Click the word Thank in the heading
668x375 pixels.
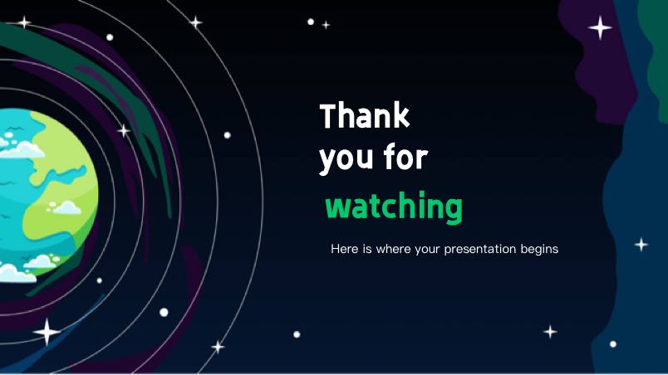[x=365, y=115]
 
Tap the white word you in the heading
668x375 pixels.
[x=346, y=160]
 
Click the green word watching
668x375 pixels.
[x=394, y=207]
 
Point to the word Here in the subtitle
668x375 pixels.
[x=345, y=249]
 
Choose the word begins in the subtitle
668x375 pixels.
[x=539, y=250]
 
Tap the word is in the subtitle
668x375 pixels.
[x=367, y=249]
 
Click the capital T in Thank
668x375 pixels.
[x=329, y=115]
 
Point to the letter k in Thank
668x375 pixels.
[x=401, y=114]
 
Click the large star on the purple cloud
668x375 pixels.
[x=600, y=27]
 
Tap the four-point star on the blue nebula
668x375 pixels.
[x=641, y=245]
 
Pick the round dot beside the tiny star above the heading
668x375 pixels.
[x=311, y=22]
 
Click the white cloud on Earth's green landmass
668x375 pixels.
[x=65, y=208]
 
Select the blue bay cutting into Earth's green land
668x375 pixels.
[x=64, y=175]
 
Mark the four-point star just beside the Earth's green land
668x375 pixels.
[x=124, y=130]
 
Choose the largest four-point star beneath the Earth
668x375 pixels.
[x=47, y=332]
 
